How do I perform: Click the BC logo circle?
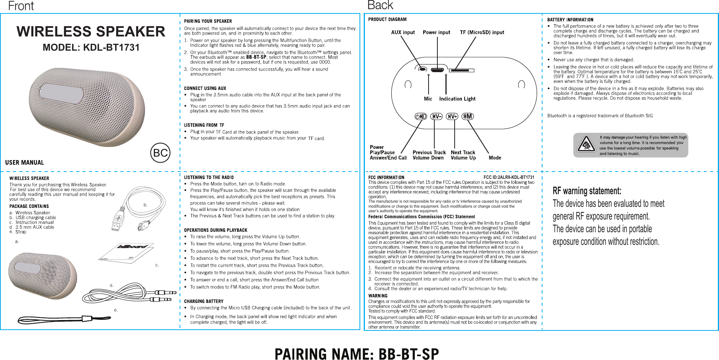(x=160, y=153)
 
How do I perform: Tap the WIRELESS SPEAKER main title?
(x=91, y=31)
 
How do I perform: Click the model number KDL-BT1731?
(x=91, y=48)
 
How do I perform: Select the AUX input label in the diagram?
(x=403, y=33)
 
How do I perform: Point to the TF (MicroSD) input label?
(x=482, y=33)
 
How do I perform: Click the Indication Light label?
(x=457, y=99)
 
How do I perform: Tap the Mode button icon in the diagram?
(x=467, y=116)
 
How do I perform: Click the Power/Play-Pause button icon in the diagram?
(x=421, y=116)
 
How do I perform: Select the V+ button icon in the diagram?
(x=452, y=116)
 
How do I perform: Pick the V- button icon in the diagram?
(x=436, y=116)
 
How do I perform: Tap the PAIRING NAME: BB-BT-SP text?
(x=357, y=354)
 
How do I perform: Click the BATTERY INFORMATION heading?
(x=570, y=20)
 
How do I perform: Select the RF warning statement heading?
(x=587, y=191)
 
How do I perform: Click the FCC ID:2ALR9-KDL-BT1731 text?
(x=509, y=177)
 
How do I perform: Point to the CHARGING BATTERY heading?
(x=204, y=301)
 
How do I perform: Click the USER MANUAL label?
(x=25, y=163)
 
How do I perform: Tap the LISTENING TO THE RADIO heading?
(x=209, y=177)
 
